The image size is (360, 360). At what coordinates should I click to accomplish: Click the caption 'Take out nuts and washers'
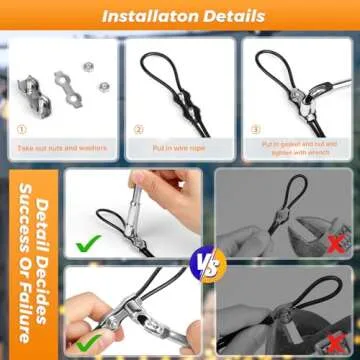pos(61,146)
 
